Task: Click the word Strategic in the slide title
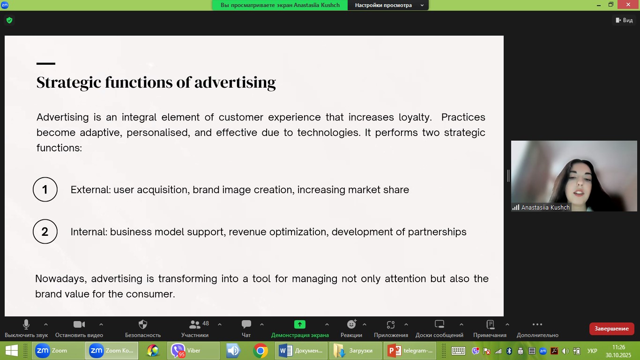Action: [69, 82]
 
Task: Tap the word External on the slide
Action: [90, 189]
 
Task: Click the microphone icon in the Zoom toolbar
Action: [26, 324]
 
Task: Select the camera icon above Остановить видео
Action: [79, 324]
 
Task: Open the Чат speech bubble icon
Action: [246, 324]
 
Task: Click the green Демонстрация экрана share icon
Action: [300, 324]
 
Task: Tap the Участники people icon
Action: [195, 324]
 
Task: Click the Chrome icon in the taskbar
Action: [260, 351]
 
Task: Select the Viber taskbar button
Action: [193, 351]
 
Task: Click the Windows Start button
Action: [12, 351]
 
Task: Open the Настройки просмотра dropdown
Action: [388, 5]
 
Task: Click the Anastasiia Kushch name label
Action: [545, 207]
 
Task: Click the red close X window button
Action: [628, 5]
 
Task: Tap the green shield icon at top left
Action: [9, 20]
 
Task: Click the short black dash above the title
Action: [46, 63]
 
